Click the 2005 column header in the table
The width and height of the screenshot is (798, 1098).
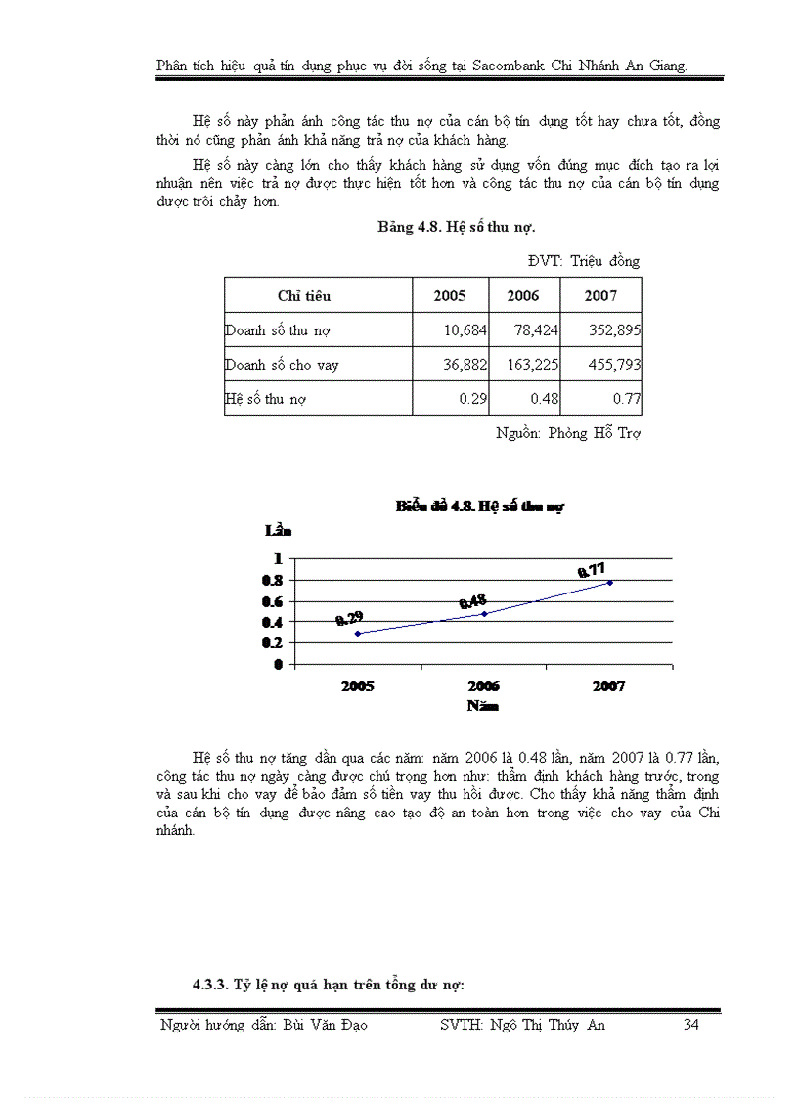pos(450,295)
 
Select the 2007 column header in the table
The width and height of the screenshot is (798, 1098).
pos(600,295)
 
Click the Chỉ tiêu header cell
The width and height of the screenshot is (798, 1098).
pos(304,295)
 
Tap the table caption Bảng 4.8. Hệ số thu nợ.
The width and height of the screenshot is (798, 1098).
pos(456,227)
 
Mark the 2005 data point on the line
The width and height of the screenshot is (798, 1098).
pos(358,634)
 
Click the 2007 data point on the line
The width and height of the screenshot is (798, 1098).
pos(610,583)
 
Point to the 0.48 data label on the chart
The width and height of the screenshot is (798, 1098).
pos(472,601)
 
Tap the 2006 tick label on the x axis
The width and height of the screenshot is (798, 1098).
pos(483,686)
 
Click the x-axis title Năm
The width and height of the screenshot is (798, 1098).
pos(483,705)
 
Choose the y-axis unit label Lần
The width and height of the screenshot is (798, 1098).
pos(278,531)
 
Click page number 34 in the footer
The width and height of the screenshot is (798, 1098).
pos(691,1026)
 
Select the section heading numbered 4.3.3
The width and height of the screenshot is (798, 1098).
pos(328,985)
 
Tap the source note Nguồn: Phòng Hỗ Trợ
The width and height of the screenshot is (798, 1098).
pos(567,433)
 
